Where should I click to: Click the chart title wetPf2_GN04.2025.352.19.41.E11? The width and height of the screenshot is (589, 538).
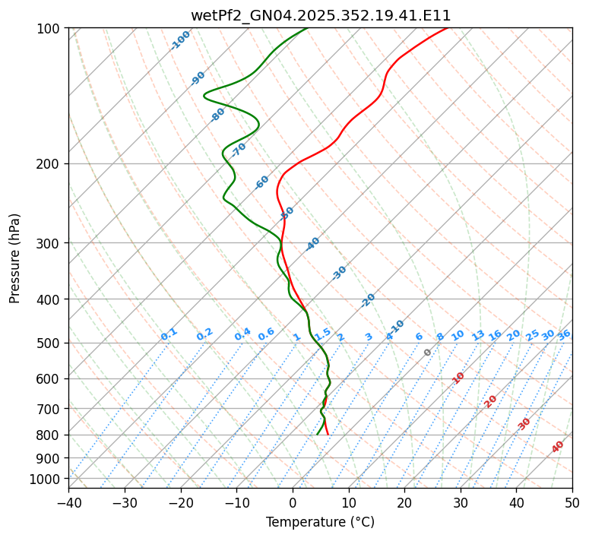pos(320,15)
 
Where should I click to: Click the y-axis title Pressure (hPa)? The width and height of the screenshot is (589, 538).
pos(15,258)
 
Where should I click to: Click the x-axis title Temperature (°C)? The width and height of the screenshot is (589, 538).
pos(320,523)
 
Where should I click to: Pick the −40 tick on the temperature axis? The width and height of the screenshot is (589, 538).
pos(68,502)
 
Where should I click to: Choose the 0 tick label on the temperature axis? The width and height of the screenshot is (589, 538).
pos(293,502)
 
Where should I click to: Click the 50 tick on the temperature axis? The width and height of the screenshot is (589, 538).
pos(572,502)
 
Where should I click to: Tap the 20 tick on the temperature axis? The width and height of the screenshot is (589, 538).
pos(404,502)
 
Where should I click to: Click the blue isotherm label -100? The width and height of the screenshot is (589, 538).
pos(180,40)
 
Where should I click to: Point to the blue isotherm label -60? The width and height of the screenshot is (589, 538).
pos(262,182)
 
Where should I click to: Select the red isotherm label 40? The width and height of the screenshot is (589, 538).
pos(558,447)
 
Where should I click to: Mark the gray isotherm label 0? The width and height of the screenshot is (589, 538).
pos(428,353)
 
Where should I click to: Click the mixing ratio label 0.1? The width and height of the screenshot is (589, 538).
pos(169,334)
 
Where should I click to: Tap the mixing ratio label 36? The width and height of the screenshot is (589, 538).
pos(564,334)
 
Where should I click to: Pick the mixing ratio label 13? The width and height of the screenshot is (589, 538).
pos(478,335)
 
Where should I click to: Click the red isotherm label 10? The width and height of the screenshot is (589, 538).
pos(458,378)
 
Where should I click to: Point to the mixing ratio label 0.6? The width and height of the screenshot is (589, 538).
pos(266,334)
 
